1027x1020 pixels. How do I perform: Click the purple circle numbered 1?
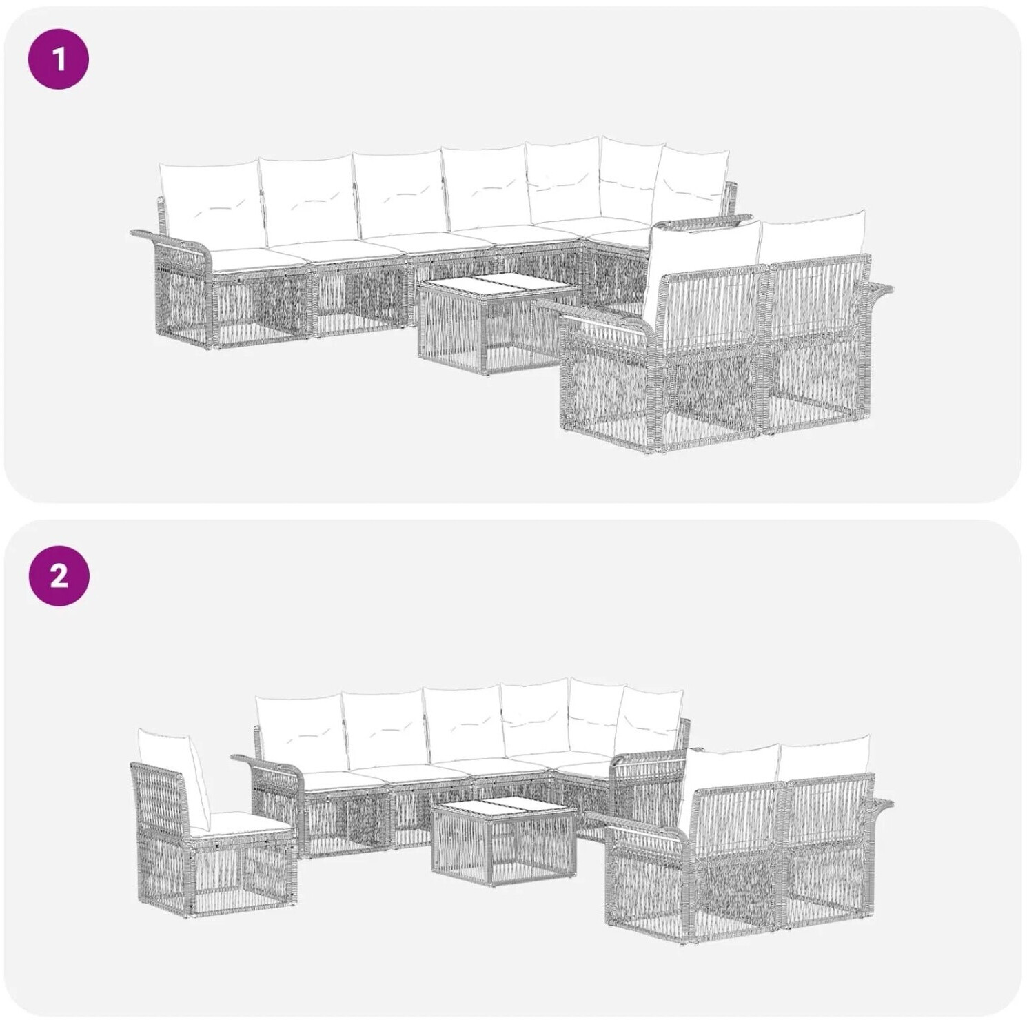(59, 59)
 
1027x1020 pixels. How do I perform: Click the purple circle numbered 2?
(59, 575)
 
